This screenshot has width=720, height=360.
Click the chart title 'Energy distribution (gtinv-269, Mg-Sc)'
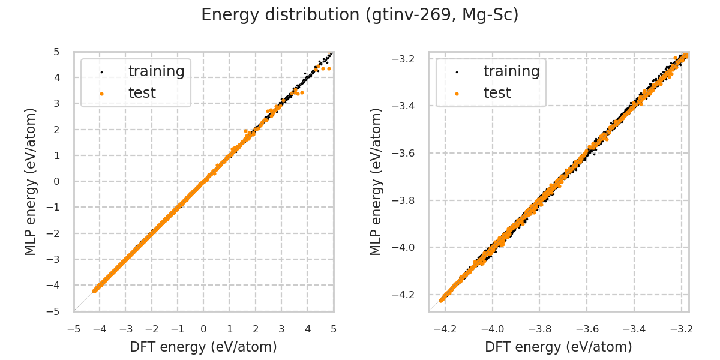coord(359,15)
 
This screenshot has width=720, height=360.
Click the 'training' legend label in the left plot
coord(156,71)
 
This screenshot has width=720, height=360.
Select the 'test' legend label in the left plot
coord(142,93)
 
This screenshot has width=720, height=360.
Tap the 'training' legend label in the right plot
coord(511,71)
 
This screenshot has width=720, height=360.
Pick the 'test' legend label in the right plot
coord(497,93)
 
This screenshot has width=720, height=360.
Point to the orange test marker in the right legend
coord(457,94)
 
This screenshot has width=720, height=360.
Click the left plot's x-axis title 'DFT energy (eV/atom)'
coord(203,347)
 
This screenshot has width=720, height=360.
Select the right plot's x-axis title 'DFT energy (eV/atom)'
coord(558,347)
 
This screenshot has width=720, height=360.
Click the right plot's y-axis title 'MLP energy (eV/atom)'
coord(376,181)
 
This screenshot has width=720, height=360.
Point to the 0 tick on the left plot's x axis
coord(203,329)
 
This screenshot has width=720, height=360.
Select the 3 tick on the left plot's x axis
coord(281,329)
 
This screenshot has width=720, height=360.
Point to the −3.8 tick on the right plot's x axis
coord(539,329)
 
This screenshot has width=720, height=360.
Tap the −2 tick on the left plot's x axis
coord(151,329)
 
